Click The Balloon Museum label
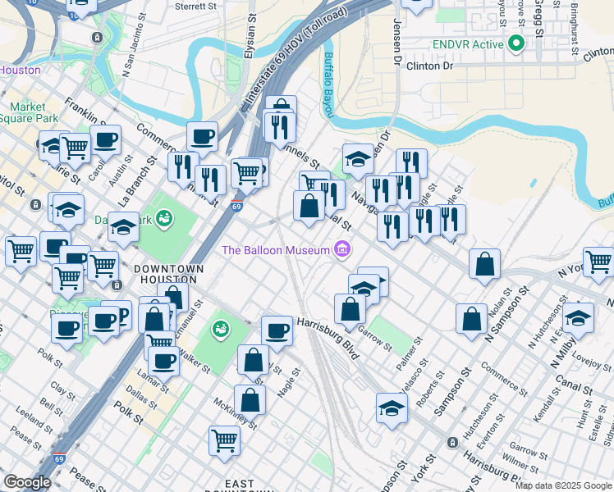[275, 249]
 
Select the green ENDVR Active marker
[516, 43]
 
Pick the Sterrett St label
[201, 6]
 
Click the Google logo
[27, 482]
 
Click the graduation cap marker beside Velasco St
[392, 407]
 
